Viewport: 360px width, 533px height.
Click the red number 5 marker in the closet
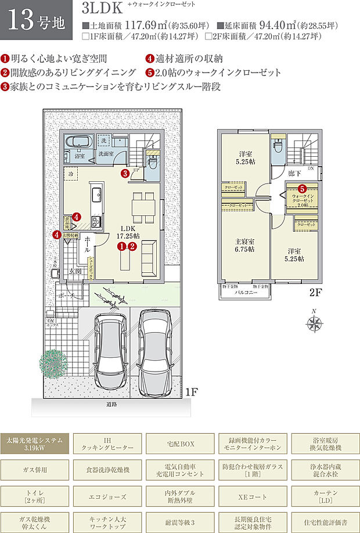302,188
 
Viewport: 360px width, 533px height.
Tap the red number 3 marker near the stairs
124,173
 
